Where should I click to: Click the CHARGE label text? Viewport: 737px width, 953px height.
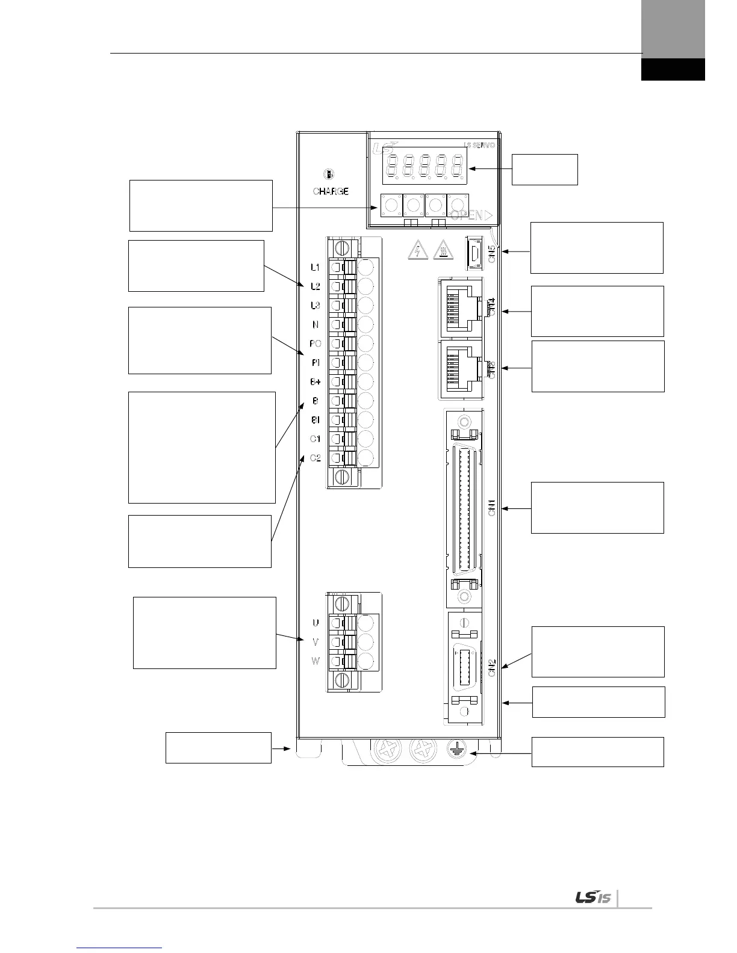331,191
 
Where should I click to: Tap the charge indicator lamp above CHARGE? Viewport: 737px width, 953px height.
329,174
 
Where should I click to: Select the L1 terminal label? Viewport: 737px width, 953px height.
316,267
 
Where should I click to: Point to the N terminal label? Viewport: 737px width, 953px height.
316,325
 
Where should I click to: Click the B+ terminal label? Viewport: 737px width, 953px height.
316,382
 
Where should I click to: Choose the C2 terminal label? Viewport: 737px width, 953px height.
316,458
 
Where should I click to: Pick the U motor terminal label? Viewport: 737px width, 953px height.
316,623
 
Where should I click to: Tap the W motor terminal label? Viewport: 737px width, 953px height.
316,661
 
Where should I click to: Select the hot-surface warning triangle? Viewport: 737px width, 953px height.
442,250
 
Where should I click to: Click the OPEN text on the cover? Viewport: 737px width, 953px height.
468,215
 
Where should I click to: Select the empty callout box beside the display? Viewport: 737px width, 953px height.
544,169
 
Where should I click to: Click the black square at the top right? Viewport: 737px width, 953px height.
673,69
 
